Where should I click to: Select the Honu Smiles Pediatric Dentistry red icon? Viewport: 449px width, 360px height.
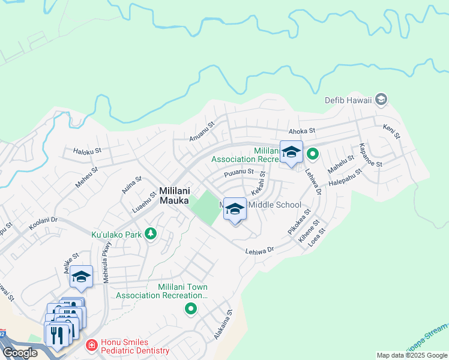coord(91,345)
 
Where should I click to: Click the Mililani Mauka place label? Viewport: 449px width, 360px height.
coord(175,196)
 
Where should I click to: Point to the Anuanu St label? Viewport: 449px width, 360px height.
coord(202,129)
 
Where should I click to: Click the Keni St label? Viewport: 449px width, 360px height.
coord(391,131)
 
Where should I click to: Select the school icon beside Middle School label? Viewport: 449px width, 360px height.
coord(235,209)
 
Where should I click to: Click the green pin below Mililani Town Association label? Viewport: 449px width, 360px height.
coord(191,309)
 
